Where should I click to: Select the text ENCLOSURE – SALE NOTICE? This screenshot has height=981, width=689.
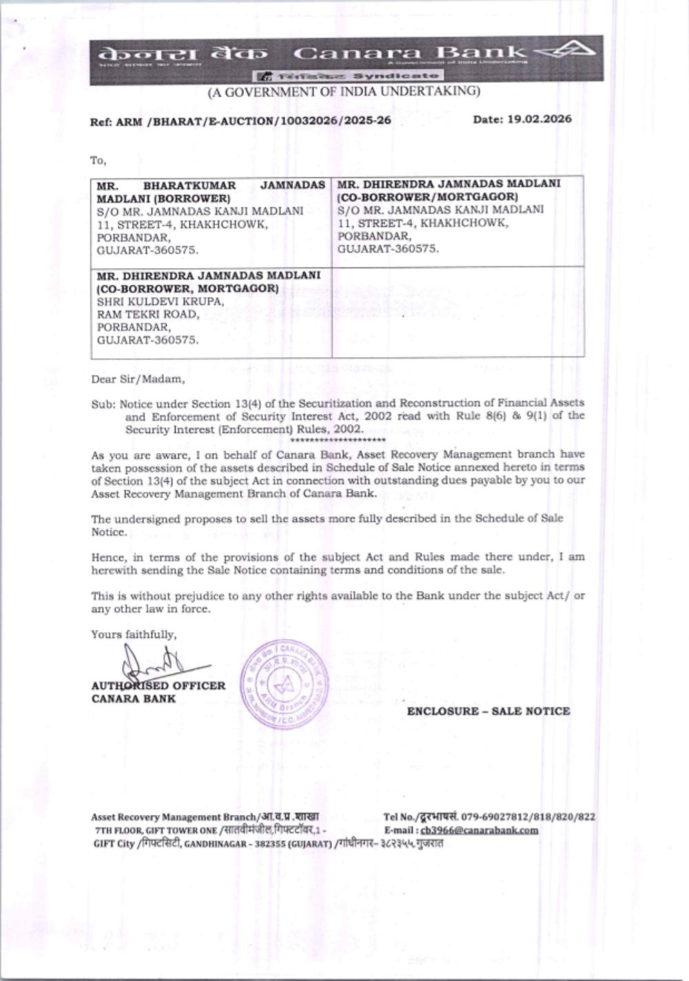click(x=489, y=711)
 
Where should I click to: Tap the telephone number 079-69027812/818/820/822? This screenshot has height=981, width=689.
click(x=528, y=817)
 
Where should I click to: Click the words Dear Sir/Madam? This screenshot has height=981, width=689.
click(x=138, y=378)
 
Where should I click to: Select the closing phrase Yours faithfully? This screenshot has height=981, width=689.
click(x=134, y=634)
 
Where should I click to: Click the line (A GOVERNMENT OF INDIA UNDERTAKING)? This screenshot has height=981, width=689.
click(x=344, y=91)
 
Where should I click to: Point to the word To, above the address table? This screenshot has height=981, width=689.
click(x=99, y=161)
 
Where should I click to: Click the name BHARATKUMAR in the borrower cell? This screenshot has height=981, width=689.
click(x=189, y=185)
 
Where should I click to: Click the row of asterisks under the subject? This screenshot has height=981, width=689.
click(x=338, y=439)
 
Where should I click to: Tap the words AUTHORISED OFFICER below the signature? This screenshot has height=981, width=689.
click(x=158, y=686)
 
